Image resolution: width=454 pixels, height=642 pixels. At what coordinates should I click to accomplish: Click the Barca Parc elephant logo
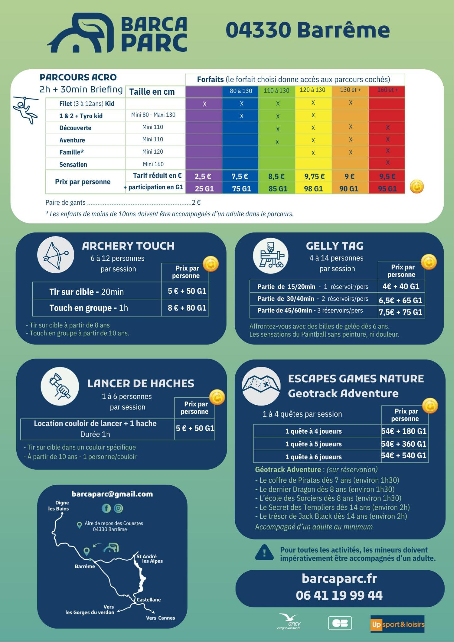[80, 33]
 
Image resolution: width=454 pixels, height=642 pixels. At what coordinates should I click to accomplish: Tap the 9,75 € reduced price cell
[313, 176]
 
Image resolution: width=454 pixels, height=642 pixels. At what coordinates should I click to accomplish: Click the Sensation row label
[73, 165]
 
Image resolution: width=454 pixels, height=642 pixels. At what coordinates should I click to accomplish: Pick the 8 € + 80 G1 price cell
[187, 308]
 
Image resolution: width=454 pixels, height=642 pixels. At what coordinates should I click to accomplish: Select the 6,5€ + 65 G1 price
[401, 300]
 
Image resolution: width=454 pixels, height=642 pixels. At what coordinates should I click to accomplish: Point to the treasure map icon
[261, 386]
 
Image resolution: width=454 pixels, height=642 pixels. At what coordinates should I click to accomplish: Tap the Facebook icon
[106, 508]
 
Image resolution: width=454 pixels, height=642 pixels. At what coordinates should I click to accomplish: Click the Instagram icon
[118, 508]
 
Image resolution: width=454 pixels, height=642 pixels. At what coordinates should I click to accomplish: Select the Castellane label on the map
[149, 600]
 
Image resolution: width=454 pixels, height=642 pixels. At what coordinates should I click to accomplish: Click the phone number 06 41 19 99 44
[339, 595]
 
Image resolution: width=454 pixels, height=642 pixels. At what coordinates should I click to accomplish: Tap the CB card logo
[340, 623]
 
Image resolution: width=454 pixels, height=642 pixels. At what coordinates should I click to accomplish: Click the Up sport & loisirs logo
[397, 624]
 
